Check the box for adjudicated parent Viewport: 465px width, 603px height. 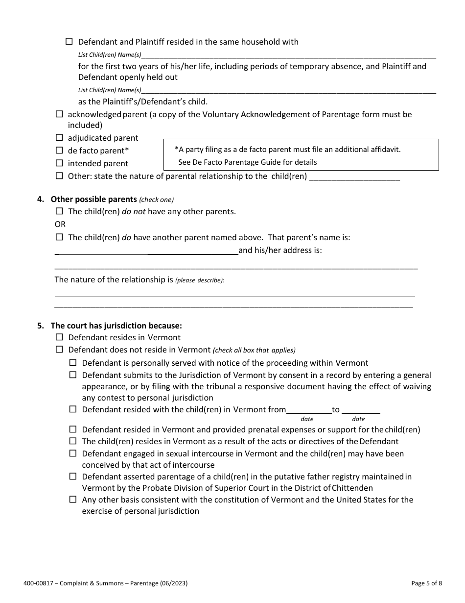59,138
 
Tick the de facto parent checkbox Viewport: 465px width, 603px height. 59,151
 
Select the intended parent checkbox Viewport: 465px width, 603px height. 59,163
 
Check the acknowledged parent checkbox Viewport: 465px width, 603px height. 59,114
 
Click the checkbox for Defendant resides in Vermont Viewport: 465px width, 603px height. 59,337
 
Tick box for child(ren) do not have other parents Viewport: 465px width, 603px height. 59,211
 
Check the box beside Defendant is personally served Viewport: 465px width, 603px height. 73,363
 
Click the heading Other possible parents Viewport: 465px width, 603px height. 93,199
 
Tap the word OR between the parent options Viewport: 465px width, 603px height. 60,224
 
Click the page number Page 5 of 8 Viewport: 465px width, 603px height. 427,583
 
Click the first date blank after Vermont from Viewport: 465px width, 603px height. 308,409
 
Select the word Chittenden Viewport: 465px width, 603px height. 352,488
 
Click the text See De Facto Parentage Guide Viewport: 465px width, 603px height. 248,162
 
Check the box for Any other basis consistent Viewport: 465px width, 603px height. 73,500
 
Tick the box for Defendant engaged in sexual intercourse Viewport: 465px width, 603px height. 73,453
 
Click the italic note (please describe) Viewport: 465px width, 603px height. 200,280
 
